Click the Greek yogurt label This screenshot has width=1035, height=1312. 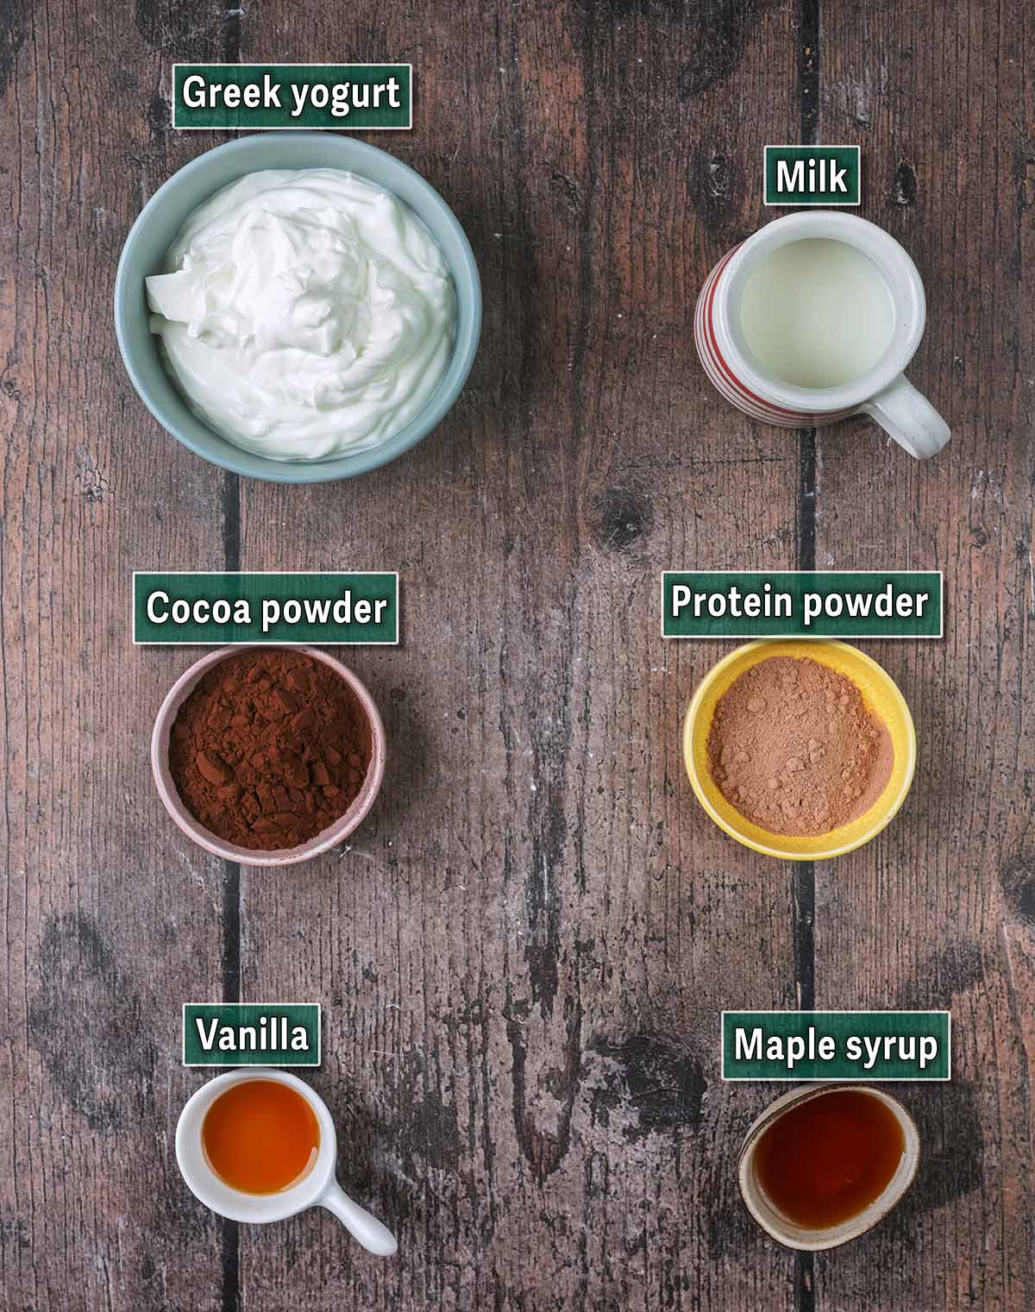(x=292, y=94)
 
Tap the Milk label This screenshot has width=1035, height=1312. (x=812, y=177)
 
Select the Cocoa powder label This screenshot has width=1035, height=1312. (x=266, y=608)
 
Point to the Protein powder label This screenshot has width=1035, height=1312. (x=800, y=602)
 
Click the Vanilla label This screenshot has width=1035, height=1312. (x=251, y=1033)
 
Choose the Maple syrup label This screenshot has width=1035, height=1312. (x=835, y=1045)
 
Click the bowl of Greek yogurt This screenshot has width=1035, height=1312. (x=298, y=306)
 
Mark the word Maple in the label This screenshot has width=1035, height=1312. (x=783, y=1045)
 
